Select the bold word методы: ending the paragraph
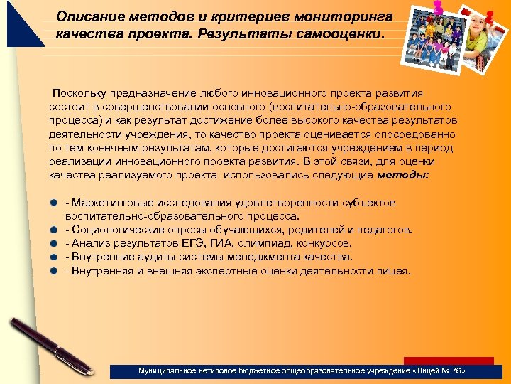(x=402, y=174)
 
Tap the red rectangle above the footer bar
(x=448, y=361)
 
